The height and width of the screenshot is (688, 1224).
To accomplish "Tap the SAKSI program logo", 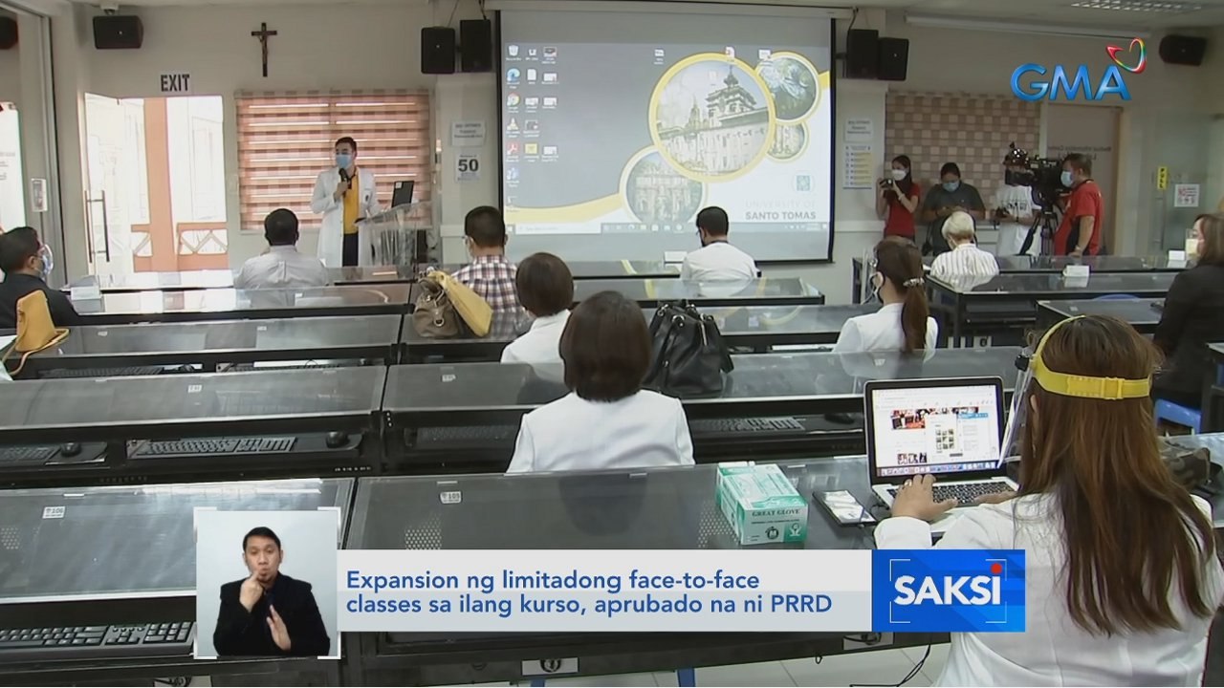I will (x=947, y=590).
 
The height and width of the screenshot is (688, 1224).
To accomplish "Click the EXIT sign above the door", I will (x=175, y=83).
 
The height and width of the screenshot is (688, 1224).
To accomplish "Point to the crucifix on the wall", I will (x=263, y=49).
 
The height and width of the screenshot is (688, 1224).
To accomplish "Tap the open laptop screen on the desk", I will (x=934, y=426).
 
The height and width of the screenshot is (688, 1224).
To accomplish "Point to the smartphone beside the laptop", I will (x=842, y=507).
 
